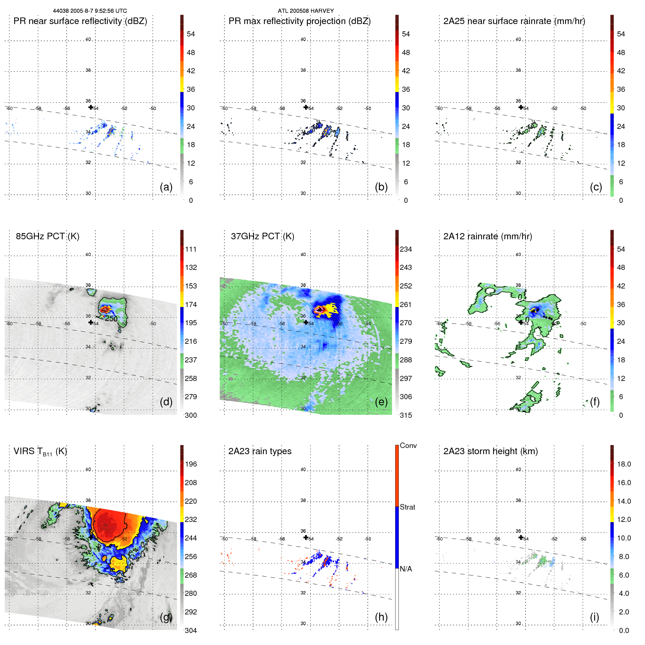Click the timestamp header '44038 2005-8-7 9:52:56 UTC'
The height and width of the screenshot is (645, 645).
90,11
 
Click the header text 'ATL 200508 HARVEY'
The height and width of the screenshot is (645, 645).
306,11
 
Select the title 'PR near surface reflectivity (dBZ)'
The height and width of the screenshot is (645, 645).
80,21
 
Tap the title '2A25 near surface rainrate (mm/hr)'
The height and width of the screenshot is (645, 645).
514,21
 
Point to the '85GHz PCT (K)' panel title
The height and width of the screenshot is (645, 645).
47,236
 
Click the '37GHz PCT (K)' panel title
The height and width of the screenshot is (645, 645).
262,236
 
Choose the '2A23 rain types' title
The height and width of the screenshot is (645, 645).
260,451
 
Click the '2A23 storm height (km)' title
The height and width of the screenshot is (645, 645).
490,451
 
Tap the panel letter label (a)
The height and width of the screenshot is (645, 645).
166,187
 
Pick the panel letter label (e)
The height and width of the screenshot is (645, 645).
381,402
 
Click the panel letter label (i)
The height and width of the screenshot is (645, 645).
594,617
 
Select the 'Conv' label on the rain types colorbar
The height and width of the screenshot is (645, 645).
408,445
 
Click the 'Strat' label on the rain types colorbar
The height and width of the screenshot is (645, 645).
407,507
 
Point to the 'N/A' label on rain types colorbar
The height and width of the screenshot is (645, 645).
406,569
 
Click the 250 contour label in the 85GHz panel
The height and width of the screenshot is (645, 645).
111,319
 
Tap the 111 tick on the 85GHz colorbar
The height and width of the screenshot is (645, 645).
190,249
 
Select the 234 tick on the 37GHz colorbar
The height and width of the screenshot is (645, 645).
406,249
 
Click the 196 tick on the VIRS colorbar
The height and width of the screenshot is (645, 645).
190,464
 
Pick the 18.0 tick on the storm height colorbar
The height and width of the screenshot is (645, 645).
624,464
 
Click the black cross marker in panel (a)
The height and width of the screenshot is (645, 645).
91,107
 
